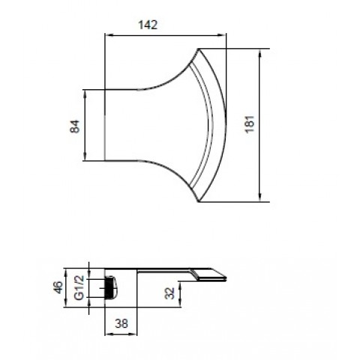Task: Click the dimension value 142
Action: [x=148, y=25]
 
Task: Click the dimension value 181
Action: [x=250, y=124]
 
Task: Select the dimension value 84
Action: [x=75, y=126]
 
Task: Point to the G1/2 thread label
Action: [x=79, y=287]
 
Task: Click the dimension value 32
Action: [x=169, y=293]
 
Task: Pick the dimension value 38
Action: [x=121, y=323]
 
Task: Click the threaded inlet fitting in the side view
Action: [x=111, y=287]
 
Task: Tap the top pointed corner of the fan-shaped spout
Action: [x=199, y=49]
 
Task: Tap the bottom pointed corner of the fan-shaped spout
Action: [x=199, y=202]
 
